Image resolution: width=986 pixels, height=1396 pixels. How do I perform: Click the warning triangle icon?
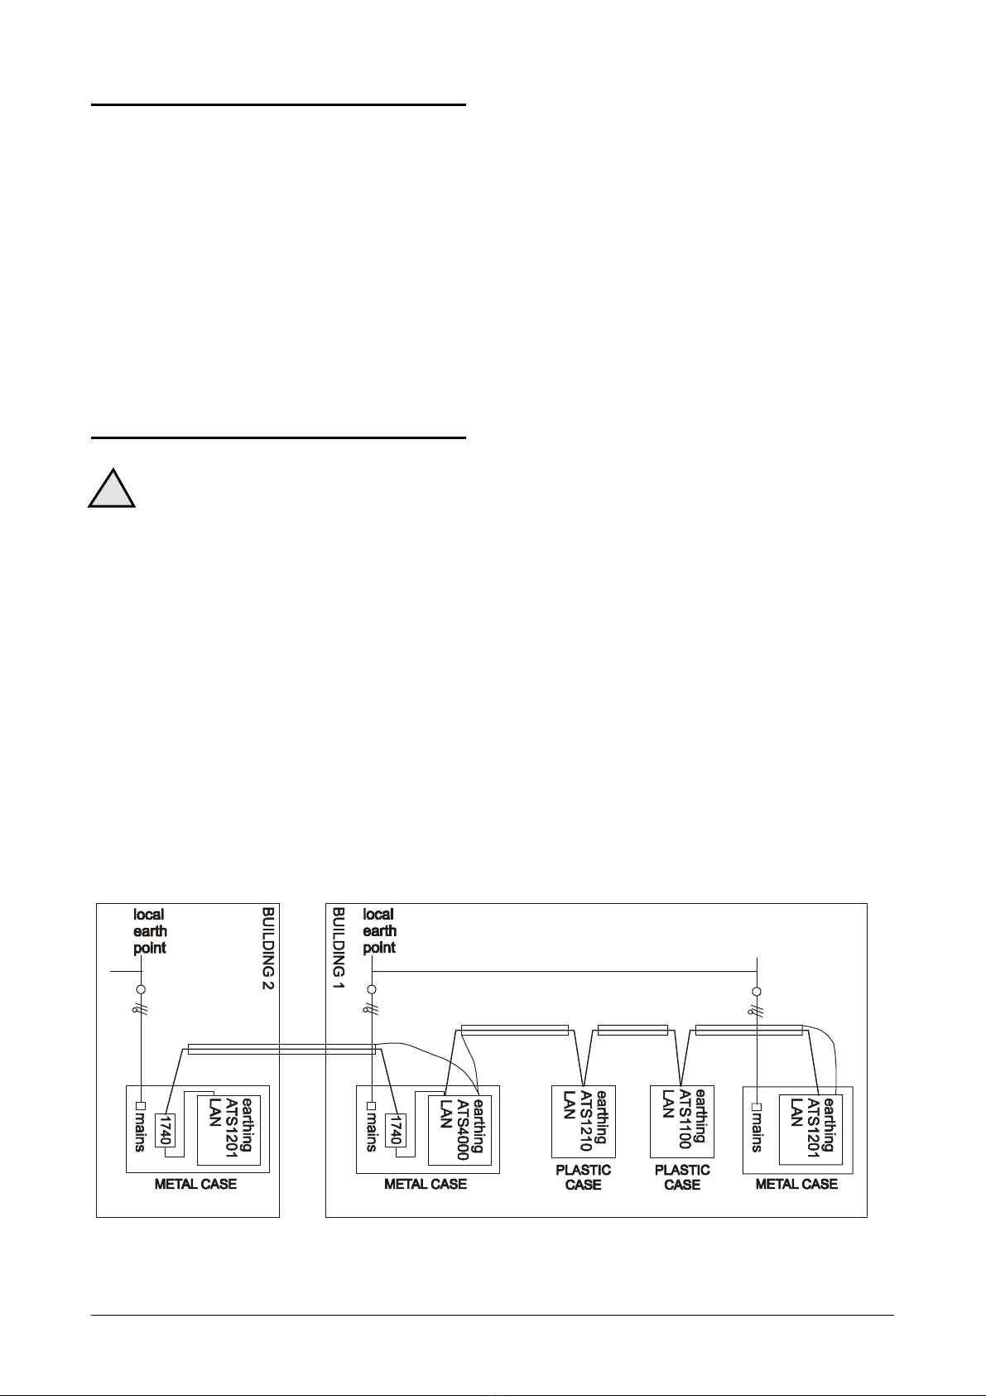tap(113, 490)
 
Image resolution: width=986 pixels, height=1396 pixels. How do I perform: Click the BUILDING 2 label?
tap(267, 949)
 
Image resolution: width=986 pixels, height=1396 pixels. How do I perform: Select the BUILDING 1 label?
tap(338, 942)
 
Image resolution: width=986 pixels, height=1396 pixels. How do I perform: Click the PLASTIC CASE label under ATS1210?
tap(583, 1177)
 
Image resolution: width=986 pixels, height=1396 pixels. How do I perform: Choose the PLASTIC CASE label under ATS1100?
tap(682, 1177)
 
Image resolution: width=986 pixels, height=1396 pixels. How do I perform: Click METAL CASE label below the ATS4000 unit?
tap(426, 1185)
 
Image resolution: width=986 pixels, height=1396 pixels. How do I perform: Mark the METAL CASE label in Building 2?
tap(195, 1185)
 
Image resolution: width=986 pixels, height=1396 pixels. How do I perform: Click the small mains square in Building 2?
tap(141, 1106)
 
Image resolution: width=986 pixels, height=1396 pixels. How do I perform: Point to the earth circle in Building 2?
tap(141, 990)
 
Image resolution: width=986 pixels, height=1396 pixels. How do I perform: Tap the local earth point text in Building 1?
tap(379, 931)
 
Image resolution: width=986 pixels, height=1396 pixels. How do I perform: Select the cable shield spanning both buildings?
tap(281, 1050)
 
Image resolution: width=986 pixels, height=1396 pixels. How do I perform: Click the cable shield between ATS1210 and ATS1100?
tap(632, 1031)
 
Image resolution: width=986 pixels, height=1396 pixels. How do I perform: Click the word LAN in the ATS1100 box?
tap(667, 1104)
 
